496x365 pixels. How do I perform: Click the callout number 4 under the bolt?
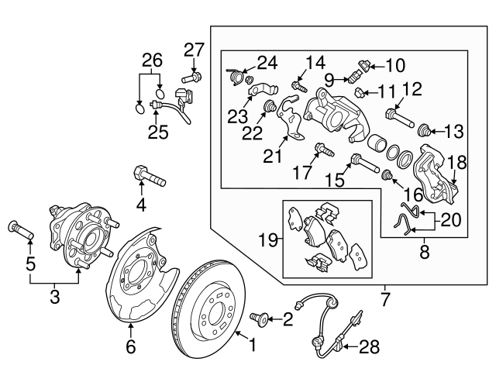pyautogui.click(x=141, y=205)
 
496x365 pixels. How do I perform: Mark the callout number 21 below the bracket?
pyautogui.click(x=270, y=158)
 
